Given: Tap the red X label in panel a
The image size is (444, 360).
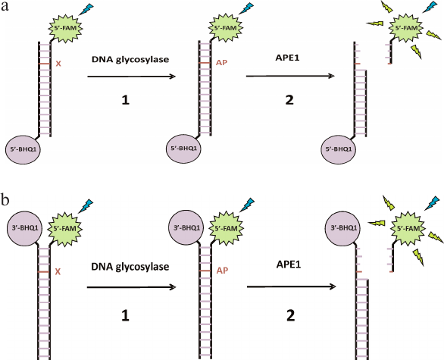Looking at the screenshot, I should (x=58, y=64).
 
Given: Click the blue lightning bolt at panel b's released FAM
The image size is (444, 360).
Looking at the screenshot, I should (x=430, y=205).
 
